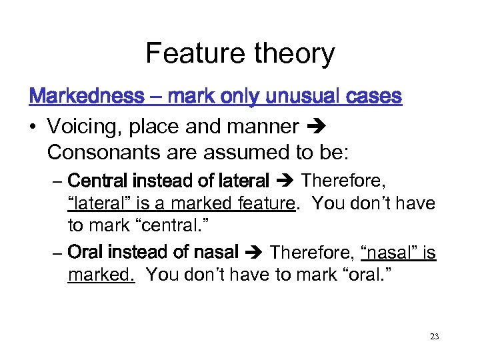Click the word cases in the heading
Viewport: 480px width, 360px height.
pyautogui.click(x=375, y=97)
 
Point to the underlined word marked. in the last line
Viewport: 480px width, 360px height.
pyautogui.click(x=101, y=274)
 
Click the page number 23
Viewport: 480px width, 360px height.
pyautogui.click(x=434, y=337)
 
